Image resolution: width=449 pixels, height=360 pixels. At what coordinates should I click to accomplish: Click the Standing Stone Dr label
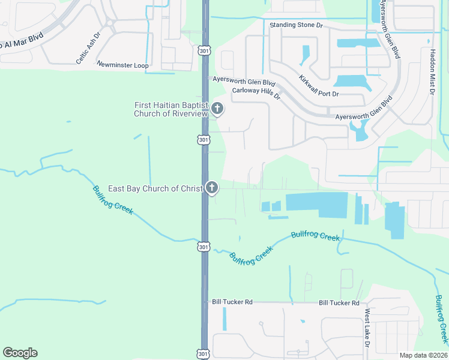pyautogui.click(x=296, y=25)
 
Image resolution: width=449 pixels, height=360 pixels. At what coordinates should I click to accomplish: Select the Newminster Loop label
pyautogui.click(x=122, y=63)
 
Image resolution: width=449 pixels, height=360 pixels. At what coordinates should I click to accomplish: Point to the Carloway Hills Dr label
pyautogui.click(x=256, y=94)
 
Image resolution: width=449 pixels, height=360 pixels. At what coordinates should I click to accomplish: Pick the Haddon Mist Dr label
pyautogui.click(x=432, y=73)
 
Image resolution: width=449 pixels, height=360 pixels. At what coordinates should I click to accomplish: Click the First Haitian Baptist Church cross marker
pyautogui.click(x=217, y=109)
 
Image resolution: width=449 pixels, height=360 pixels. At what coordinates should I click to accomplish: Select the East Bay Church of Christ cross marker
pyautogui.click(x=211, y=188)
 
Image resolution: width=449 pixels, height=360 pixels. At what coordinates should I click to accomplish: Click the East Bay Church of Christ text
pyautogui.click(x=155, y=188)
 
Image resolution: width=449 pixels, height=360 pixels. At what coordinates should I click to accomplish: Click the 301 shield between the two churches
pyautogui.click(x=204, y=140)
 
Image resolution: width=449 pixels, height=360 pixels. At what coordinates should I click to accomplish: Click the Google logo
pyautogui.click(x=20, y=353)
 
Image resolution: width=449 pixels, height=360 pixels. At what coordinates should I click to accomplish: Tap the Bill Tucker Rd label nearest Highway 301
pyautogui.click(x=232, y=302)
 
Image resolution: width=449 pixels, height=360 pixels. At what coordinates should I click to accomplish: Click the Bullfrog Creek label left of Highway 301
pyautogui.click(x=113, y=201)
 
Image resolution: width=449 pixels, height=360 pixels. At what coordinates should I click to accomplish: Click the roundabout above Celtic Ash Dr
pyautogui.click(x=110, y=23)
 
